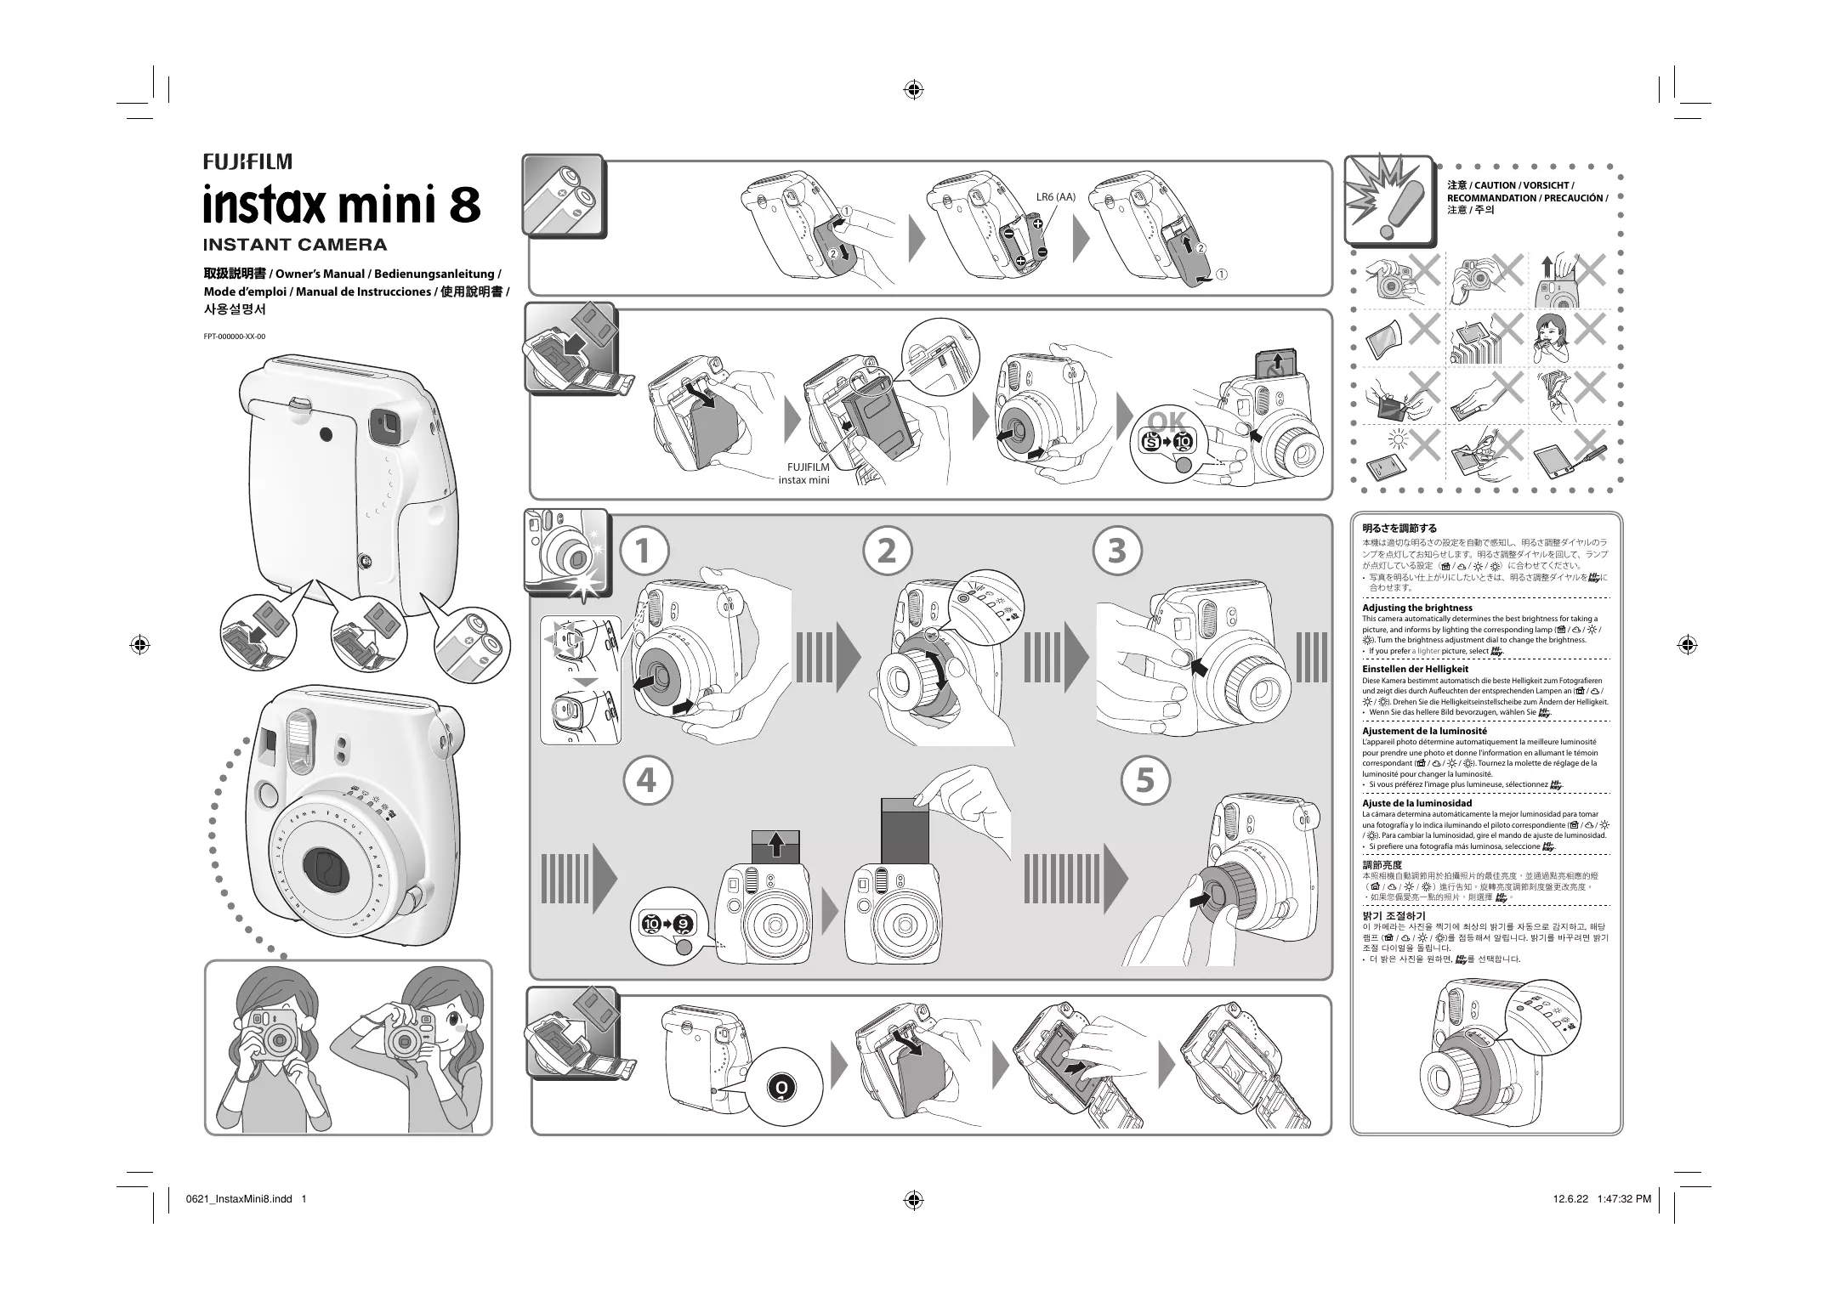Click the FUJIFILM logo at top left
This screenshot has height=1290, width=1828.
coord(247,161)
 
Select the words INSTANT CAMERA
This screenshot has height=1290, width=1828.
coord(295,246)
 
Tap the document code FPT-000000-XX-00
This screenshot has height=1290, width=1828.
coord(234,337)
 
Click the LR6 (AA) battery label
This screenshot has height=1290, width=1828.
coord(1055,197)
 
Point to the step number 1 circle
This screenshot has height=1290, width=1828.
coord(644,551)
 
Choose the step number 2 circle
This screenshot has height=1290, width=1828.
coord(887,551)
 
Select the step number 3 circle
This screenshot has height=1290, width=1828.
coord(1118,551)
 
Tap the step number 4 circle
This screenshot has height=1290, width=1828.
coord(647,780)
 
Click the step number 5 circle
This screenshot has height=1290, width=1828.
coord(1145,780)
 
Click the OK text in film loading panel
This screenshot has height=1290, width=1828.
coord(1166,422)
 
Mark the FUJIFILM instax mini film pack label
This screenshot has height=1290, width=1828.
coord(804,473)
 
